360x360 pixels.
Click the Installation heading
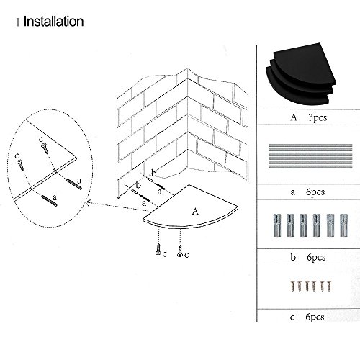pyautogui.click(x=53, y=22)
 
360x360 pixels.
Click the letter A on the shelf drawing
pyautogui.click(x=195, y=211)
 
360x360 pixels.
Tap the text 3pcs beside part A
pyautogui.click(x=318, y=117)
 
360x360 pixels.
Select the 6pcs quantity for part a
pyautogui.click(x=315, y=192)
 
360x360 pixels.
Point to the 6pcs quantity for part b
pyautogui.click(x=316, y=257)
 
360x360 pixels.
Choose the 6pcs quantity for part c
pyautogui.click(x=315, y=317)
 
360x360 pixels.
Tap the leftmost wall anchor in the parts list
pyautogui.click(x=277, y=225)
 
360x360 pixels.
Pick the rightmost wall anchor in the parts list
pyautogui.click(x=343, y=225)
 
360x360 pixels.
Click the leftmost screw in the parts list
pyautogui.click(x=292, y=286)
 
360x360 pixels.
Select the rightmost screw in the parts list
pyautogui.click(x=329, y=286)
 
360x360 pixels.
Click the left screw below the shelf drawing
pyautogui.click(x=158, y=249)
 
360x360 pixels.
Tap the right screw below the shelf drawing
pyautogui.click(x=179, y=251)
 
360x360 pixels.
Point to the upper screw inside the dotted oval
pyautogui.click(x=45, y=148)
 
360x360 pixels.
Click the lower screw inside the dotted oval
pyautogui.click(x=20, y=165)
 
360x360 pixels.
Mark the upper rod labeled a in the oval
pyautogui.click(x=74, y=184)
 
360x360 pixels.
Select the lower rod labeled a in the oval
pyautogui.click(x=49, y=201)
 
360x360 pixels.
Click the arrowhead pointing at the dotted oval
pyautogui.click(x=89, y=203)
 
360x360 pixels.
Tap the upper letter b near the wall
pyautogui.click(x=154, y=173)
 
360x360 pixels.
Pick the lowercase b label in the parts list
pyautogui.click(x=293, y=257)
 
